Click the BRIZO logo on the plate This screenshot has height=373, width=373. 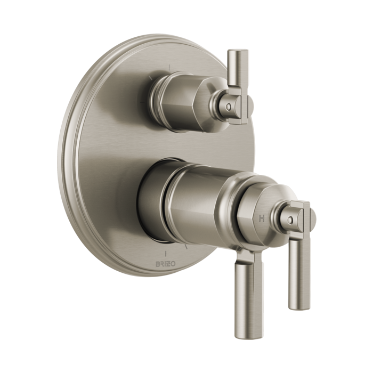click(x=166, y=264)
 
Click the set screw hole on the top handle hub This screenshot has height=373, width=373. click(x=229, y=106)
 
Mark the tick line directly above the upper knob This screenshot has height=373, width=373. click(x=169, y=68)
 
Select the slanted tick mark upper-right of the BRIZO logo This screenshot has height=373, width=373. click(x=186, y=247)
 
